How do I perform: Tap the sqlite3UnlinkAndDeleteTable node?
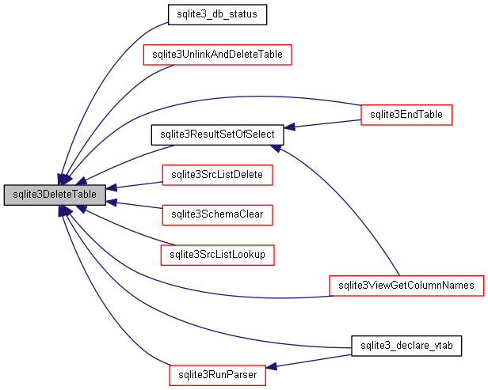(217, 55)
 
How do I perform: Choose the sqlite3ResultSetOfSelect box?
(217, 134)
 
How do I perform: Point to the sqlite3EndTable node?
(406, 115)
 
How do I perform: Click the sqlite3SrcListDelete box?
(217, 174)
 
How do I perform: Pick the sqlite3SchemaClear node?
(217, 214)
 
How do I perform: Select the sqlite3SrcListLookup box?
(217, 255)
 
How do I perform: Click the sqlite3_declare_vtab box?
(406, 346)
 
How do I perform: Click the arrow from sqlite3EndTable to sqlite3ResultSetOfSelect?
(325, 123)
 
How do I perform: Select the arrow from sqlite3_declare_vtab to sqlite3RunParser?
(313, 361)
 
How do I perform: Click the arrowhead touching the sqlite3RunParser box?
(271, 367)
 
